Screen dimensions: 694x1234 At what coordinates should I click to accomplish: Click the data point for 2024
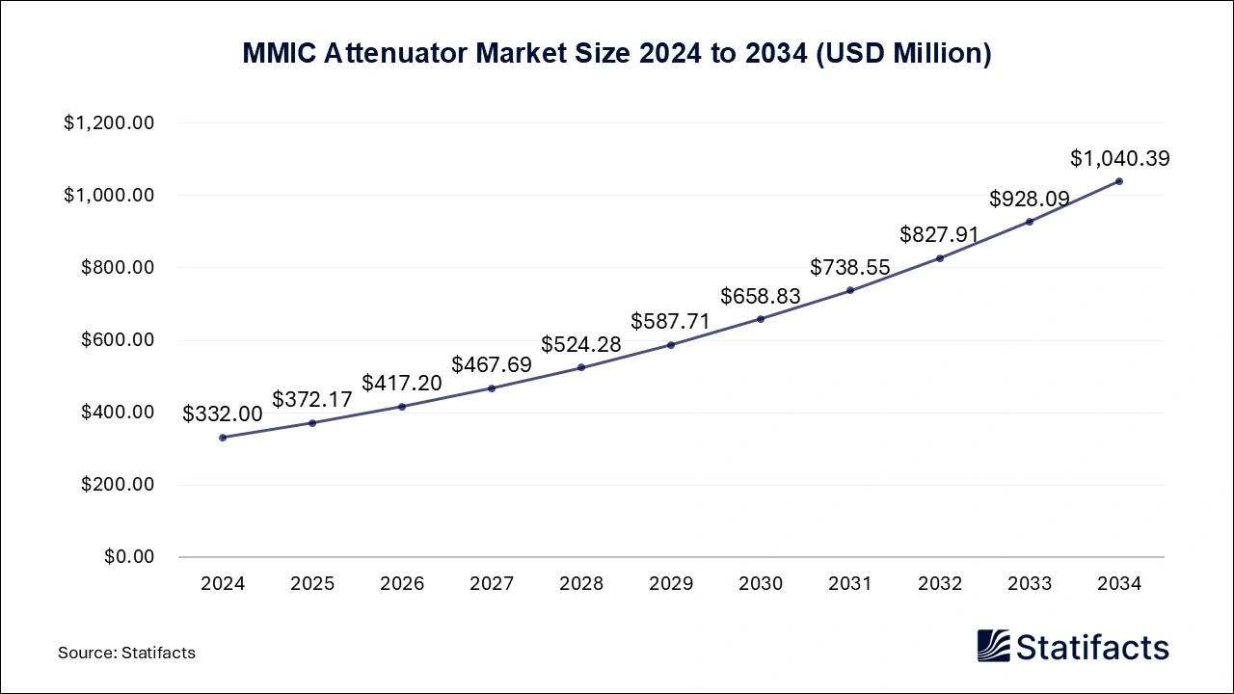[x=223, y=438]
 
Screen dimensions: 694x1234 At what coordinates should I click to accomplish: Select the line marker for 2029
[x=671, y=345]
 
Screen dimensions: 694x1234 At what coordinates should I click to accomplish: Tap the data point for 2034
[x=1119, y=181]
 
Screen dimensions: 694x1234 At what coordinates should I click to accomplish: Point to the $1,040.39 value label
[x=1119, y=158]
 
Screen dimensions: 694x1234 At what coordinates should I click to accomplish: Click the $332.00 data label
[x=223, y=414]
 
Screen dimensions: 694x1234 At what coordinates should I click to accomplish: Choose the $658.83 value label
[x=761, y=296]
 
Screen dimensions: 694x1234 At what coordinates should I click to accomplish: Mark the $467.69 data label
[x=492, y=365]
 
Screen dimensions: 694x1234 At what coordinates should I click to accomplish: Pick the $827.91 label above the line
[x=940, y=234]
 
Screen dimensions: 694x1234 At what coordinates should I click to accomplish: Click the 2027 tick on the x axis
[x=492, y=584]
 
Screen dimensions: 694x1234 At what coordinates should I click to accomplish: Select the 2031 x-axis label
[x=850, y=584]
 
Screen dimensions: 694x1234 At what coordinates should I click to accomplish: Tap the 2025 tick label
[x=312, y=584]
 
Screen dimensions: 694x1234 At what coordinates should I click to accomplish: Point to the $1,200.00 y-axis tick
[x=109, y=123]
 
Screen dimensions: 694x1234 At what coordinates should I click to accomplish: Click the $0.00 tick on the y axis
[x=129, y=557]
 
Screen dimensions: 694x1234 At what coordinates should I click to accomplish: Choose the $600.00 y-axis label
[x=117, y=340]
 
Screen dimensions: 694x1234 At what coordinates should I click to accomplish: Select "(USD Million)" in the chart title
[x=903, y=55]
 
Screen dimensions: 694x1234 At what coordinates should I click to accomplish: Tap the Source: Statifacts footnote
[x=126, y=653]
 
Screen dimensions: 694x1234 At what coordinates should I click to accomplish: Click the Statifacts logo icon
[x=993, y=646]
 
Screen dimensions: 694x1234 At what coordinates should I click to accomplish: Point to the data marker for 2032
[x=940, y=257]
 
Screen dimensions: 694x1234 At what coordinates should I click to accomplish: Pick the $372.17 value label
[x=312, y=399]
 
